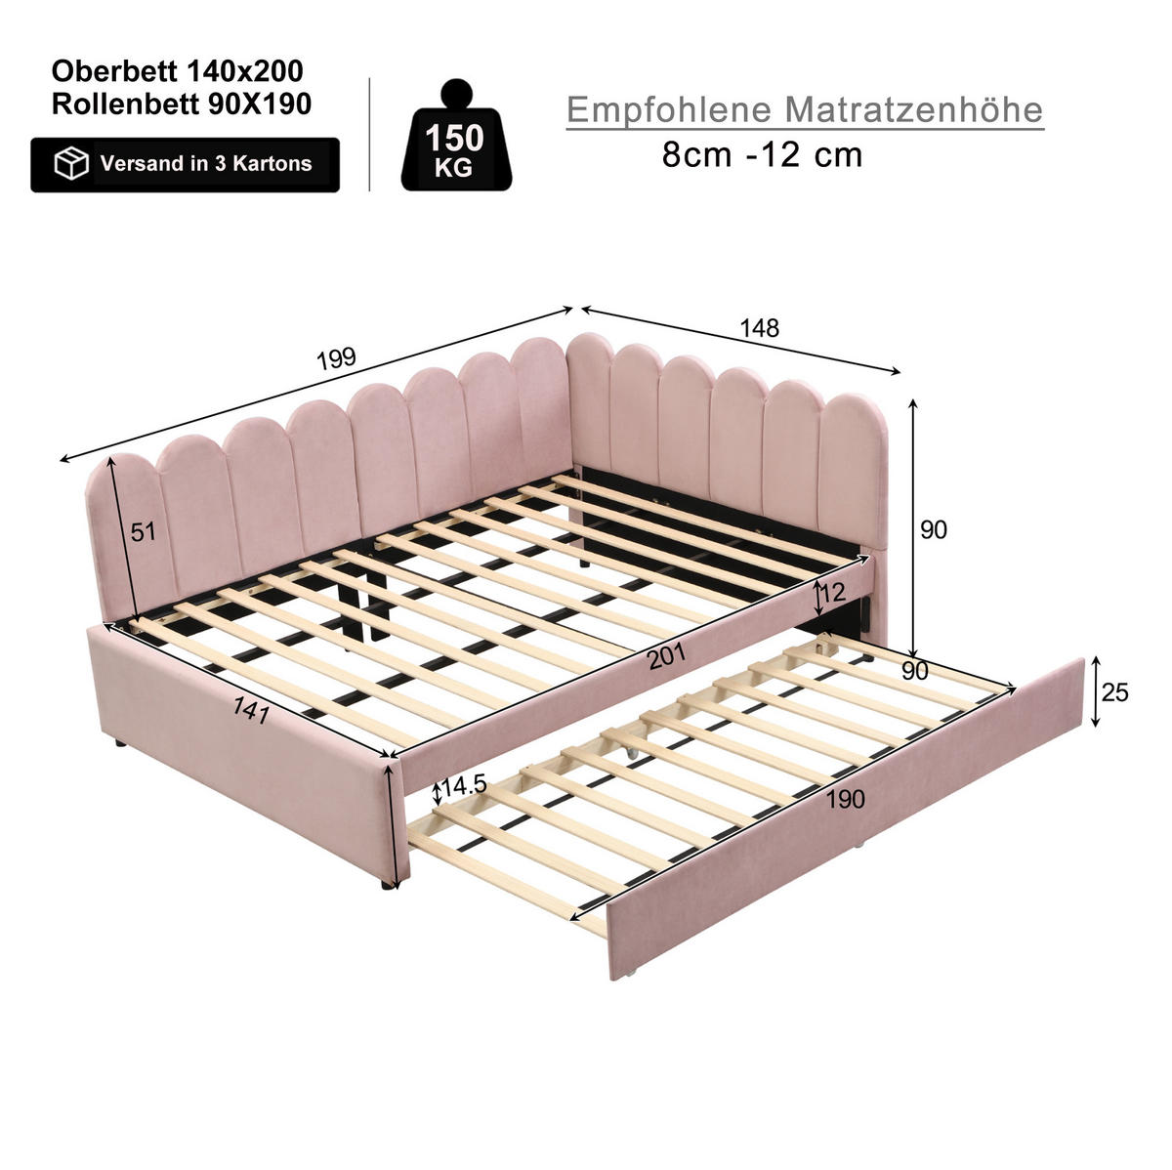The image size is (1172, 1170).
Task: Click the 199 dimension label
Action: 336,358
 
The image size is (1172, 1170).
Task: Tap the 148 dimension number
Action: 759,328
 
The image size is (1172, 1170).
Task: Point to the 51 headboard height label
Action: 144,532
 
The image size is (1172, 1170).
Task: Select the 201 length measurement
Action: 667,656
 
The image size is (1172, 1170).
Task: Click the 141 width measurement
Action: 251,710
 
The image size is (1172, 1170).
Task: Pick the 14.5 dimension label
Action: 464,786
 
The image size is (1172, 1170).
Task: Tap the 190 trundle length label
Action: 845,799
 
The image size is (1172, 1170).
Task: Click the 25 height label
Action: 1114,692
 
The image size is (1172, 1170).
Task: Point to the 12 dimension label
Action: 832,592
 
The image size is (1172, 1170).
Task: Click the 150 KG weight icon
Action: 456,135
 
